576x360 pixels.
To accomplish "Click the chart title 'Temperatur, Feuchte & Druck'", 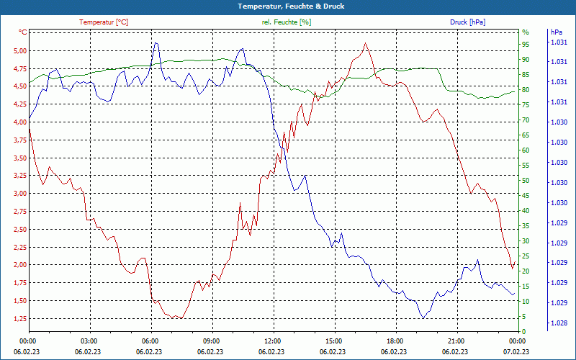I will tap(288, 6).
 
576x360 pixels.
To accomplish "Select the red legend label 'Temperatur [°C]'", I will tap(104, 22).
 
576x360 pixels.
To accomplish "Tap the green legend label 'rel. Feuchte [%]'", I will tap(287, 22).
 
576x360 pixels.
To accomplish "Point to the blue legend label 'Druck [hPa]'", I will tap(467, 22).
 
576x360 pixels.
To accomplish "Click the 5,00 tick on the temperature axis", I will tap(20, 51).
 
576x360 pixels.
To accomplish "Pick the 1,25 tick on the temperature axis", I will tap(20, 318).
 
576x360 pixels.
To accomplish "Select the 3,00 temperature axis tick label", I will tap(20, 194).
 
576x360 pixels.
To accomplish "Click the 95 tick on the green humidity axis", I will tap(526, 44).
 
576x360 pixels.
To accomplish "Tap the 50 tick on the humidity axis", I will tap(526, 181).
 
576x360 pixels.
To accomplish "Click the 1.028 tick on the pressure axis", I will tap(558, 323).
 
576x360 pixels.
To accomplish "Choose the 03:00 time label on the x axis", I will tap(89, 341).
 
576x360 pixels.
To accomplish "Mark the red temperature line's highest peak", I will tap(366, 43).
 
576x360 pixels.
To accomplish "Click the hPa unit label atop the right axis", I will tap(557, 32).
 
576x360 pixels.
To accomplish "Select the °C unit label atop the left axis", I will tap(23, 32).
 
